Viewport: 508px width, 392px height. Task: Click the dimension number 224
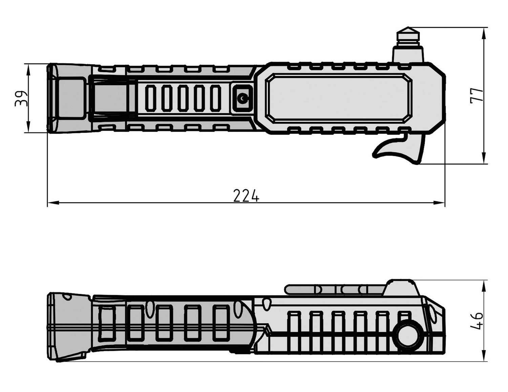(246, 195)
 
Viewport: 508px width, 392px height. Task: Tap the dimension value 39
(21, 99)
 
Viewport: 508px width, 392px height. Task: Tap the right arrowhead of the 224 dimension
(439, 203)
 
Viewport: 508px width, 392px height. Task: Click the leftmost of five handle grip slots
(151, 98)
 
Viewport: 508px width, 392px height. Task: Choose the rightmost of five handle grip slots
(215, 98)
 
